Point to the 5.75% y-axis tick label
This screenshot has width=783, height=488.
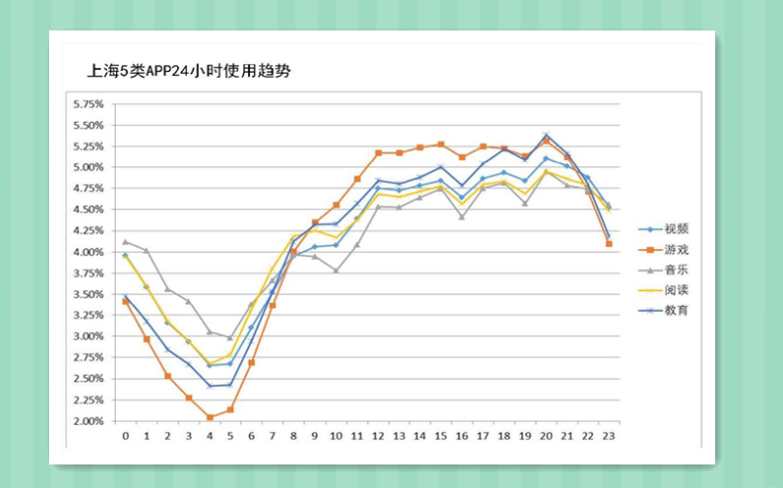[x=88, y=103]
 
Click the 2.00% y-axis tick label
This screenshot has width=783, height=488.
[x=88, y=421]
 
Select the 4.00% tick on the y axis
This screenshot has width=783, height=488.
[x=88, y=252]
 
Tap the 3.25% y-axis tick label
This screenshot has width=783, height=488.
[x=88, y=316]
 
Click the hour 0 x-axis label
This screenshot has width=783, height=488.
[x=125, y=435]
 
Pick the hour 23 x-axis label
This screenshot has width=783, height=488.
[x=608, y=435]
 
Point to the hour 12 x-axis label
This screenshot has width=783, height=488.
[x=377, y=435]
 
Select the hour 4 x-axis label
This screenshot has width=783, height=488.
[x=209, y=435]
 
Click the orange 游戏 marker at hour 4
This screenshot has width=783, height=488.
[x=210, y=417]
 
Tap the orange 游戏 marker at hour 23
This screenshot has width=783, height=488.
[x=609, y=243]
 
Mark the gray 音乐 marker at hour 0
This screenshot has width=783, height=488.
[x=125, y=241]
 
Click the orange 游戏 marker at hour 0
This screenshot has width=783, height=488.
[x=125, y=301]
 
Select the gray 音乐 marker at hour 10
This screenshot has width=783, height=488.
[x=335, y=271]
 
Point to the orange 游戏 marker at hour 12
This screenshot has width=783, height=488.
[x=378, y=152]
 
